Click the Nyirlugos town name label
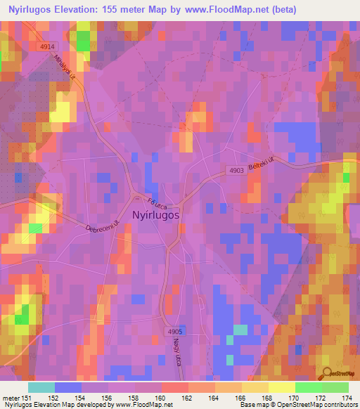(x=155, y=216)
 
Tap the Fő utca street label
(x=143, y=201)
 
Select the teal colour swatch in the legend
(x=41, y=387)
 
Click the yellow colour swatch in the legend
(x=281, y=387)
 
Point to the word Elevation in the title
(x=86, y=10)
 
